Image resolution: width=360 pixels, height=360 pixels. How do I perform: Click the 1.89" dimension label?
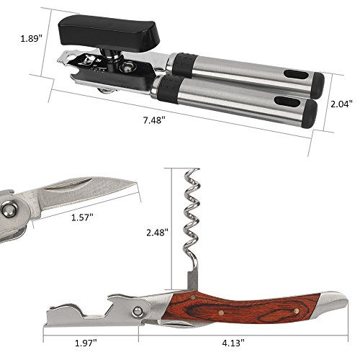pos(31,38)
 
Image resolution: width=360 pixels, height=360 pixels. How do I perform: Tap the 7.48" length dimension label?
pos(154,120)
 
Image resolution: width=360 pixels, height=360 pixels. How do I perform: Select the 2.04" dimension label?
pos(341,104)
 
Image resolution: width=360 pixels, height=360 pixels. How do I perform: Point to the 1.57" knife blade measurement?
pos(82,217)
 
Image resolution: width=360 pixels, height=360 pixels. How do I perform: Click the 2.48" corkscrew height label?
pos(158,232)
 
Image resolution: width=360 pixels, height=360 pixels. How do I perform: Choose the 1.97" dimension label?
pos(86,343)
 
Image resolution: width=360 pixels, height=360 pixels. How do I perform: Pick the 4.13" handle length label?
pos(233,343)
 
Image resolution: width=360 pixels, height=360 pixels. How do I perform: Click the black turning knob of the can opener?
pos(107,31)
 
